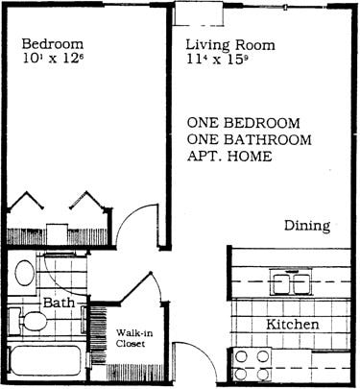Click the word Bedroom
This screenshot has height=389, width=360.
click(52, 45)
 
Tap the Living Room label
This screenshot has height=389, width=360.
click(229, 45)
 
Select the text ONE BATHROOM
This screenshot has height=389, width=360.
click(247, 141)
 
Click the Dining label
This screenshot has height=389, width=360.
click(307, 227)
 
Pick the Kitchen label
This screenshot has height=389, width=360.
click(292, 325)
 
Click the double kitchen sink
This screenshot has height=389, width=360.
click(290, 281)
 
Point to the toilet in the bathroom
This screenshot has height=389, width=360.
click(30, 320)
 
